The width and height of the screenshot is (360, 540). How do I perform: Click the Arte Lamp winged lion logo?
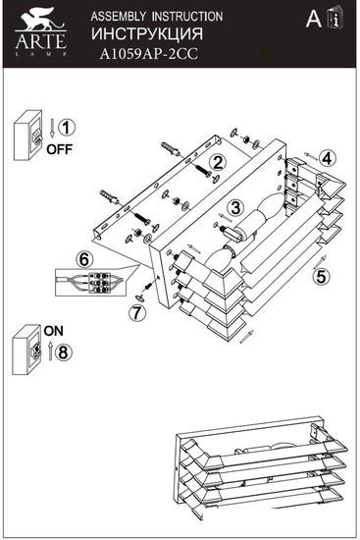point(41,20)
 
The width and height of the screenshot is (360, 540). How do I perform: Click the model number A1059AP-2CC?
point(149,54)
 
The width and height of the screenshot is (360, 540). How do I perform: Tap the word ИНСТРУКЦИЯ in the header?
point(147,33)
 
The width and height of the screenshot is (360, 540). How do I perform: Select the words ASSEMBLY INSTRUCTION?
point(157,17)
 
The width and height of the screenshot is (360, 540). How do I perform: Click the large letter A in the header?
point(314,19)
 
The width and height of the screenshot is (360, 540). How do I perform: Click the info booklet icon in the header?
point(334,18)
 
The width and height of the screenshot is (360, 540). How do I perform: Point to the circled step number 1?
point(66,128)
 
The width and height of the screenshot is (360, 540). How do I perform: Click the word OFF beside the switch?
point(59,149)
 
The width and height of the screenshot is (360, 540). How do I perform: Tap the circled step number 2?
point(219,163)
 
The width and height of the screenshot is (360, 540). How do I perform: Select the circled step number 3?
point(235,208)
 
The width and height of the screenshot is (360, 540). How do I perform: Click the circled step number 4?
point(327,159)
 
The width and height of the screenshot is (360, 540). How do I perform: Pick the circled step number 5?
point(321,276)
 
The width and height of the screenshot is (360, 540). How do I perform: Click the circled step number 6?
point(84,259)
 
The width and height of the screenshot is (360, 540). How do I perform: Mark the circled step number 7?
point(137,312)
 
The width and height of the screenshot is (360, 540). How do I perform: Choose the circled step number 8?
point(63,352)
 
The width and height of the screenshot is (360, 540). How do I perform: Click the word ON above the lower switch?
point(54,331)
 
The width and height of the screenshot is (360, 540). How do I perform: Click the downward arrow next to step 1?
point(52,128)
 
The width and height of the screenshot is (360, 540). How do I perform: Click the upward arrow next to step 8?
point(50,351)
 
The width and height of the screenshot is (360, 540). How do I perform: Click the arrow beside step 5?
point(320,262)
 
